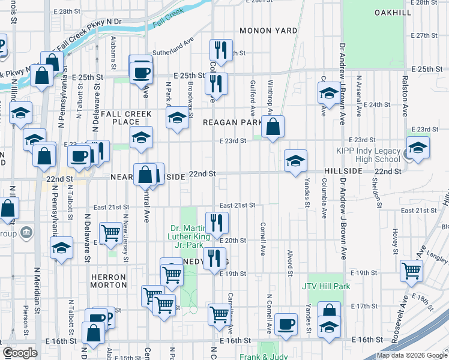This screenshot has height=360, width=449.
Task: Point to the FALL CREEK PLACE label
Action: (x=120, y=118)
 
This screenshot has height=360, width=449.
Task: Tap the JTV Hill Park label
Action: (x=326, y=287)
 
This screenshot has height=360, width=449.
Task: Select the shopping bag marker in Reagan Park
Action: (x=273, y=127)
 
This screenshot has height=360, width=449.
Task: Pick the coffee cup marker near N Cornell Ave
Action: (x=286, y=324)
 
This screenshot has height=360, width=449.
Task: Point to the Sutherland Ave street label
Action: (x=173, y=52)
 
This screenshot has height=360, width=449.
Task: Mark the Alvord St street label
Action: (x=290, y=260)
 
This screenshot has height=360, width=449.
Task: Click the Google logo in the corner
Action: (x=20, y=353)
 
